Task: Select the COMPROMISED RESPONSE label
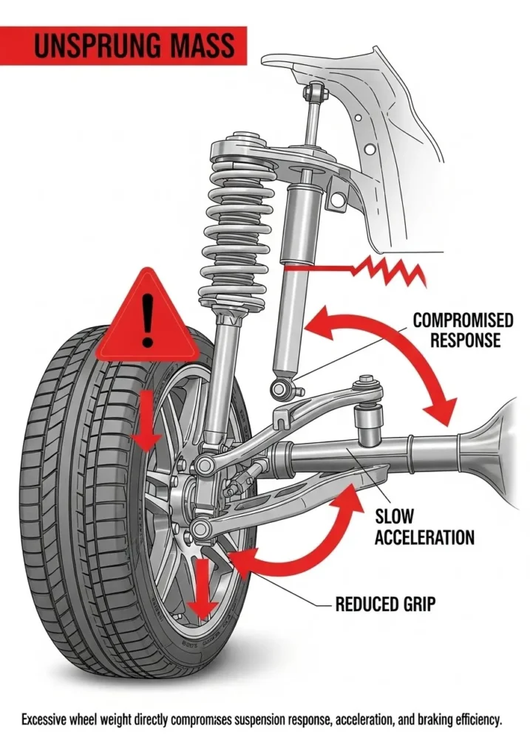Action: (x=463, y=330)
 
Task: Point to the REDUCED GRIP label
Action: (x=385, y=605)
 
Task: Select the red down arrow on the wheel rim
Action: (x=199, y=588)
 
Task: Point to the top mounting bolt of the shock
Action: (x=315, y=92)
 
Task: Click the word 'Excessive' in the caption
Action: (x=51, y=719)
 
